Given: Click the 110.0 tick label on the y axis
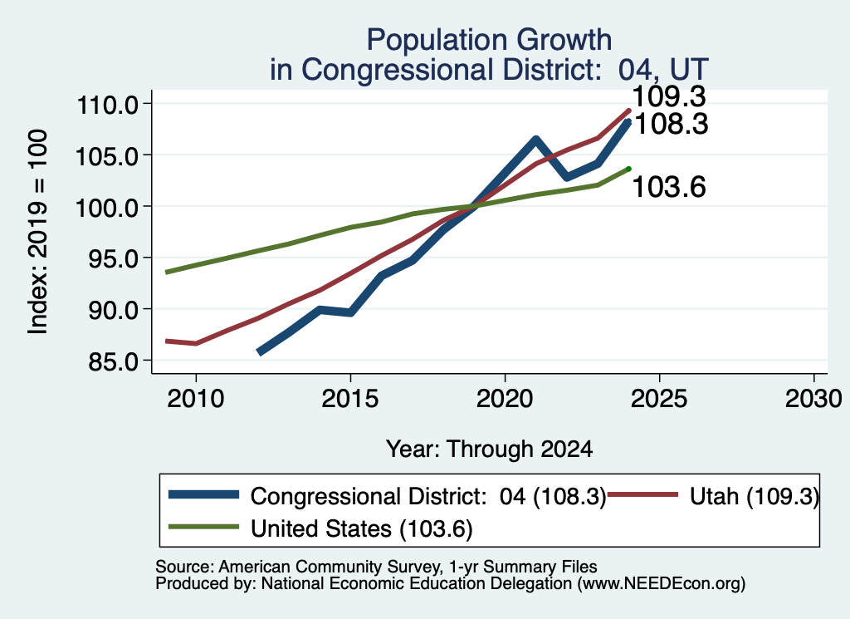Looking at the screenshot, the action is (109, 104).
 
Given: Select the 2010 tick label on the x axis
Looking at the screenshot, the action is (196, 400).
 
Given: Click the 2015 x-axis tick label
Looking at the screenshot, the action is (350, 400).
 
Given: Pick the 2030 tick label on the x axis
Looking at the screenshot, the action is (813, 400).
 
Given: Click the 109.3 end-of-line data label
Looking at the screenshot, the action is (669, 96).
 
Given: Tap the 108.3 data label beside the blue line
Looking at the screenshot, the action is (671, 125).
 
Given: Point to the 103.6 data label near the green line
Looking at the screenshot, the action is (669, 187).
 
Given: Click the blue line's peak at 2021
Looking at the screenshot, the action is (535, 140).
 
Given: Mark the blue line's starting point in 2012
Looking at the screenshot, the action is (259, 352).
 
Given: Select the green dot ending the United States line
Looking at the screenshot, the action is (629, 169).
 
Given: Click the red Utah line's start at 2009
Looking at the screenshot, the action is (166, 341).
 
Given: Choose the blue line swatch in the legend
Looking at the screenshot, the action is (204, 494).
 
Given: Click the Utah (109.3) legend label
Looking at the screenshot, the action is (754, 496).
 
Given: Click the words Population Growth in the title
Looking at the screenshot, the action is (490, 40).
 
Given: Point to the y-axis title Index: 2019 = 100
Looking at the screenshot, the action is (38, 232).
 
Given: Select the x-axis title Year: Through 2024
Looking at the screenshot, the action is (490, 450).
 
